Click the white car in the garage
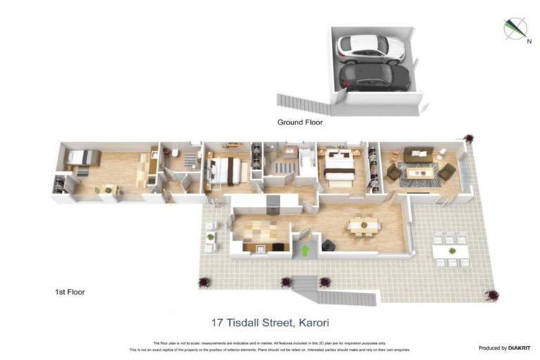(371, 48)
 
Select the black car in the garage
(375, 77)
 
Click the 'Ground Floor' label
(300, 122)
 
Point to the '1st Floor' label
(70, 291)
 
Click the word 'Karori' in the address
(313, 323)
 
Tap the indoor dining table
(363, 226)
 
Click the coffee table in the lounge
(420, 171)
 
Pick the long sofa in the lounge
(418, 153)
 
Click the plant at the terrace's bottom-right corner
(494, 295)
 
